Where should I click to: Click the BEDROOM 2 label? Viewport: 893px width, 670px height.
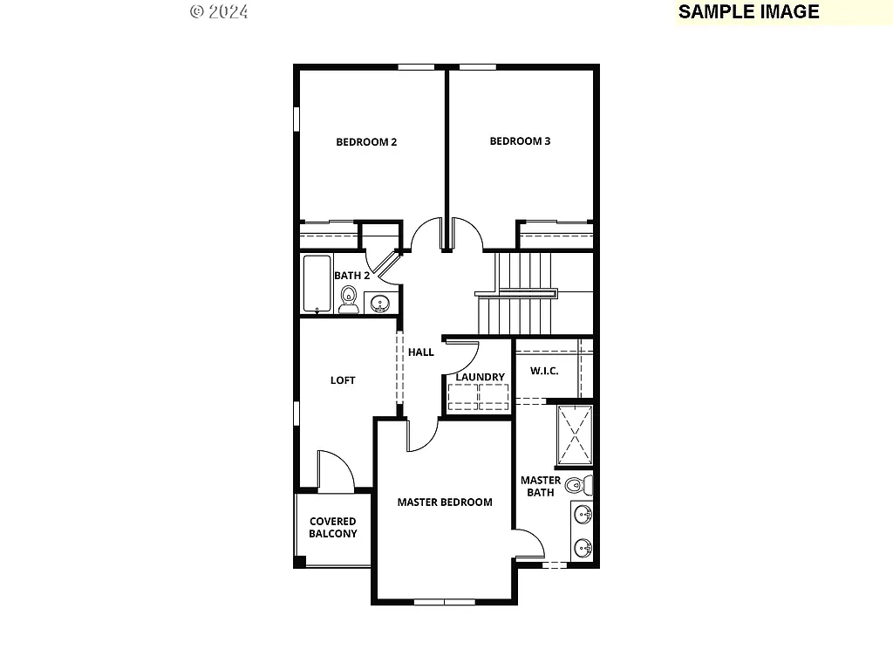pos(366,142)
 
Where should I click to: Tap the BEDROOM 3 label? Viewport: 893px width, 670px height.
pos(520,141)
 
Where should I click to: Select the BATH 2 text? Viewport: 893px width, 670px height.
pos(352,276)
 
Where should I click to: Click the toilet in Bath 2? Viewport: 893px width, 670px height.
pos(349,298)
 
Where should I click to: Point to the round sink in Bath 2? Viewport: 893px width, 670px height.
pos(380,304)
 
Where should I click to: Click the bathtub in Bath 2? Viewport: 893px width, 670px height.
pos(317,284)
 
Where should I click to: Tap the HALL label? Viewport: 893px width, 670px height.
pos(421,352)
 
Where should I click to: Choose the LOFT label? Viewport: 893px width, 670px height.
pos(343,380)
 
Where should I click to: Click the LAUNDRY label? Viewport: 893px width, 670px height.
pos(480,377)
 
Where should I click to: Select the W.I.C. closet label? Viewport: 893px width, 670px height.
pos(544,371)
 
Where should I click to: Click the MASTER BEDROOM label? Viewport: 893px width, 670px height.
pos(445,502)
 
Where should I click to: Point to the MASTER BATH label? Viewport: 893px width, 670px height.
pos(541,486)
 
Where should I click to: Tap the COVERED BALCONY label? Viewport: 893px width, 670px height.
pos(332,528)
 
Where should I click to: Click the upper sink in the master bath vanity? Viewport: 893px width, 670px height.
pos(583,516)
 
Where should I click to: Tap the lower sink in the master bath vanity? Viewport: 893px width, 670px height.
pos(583,549)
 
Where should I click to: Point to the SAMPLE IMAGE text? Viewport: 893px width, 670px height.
pos(748,11)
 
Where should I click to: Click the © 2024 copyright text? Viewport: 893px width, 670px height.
pos(219,11)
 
